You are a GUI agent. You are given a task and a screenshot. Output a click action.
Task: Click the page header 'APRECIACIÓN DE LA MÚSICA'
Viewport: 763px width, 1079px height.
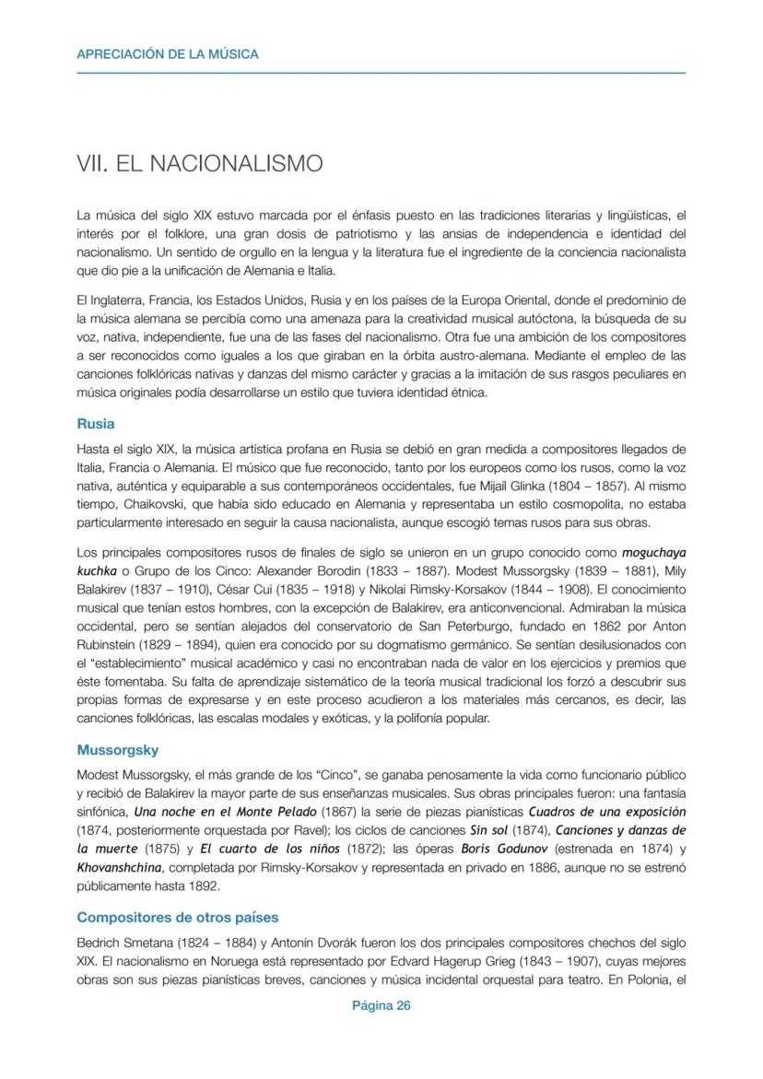[168, 54]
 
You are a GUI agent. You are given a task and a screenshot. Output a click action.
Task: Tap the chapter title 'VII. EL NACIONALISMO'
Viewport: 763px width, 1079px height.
[200, 164]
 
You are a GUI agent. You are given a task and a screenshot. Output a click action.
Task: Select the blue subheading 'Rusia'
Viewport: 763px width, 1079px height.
[96, 425]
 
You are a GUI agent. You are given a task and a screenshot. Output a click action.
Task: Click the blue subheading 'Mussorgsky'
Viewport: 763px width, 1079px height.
[118, 750]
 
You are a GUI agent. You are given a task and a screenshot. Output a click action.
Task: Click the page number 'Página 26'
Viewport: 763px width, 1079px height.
[381, 1005]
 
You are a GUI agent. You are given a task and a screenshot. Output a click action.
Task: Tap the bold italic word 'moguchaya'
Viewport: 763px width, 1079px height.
[653, 554]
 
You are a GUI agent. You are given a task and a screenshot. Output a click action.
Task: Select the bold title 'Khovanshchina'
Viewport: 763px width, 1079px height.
[119, 868]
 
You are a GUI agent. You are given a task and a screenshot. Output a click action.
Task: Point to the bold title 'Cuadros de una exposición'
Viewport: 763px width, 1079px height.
[606, 812]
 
